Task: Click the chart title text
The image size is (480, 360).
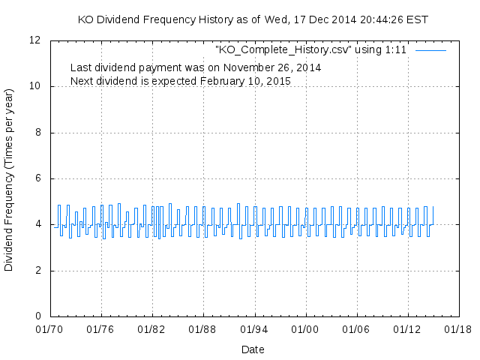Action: [253, 19]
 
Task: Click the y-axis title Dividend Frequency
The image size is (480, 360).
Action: [9, 179]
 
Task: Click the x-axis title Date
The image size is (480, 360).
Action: [253, 349]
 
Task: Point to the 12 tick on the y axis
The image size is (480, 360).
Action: [35, 40]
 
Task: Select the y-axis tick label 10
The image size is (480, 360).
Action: [35, 87]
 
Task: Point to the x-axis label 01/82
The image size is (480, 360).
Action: [151, 328]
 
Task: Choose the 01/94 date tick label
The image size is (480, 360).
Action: [254, 328]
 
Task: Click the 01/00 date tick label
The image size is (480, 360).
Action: [305, 328]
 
